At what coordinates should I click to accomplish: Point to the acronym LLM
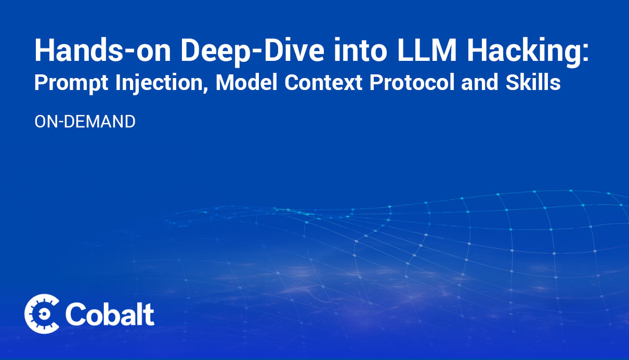coord(426,50)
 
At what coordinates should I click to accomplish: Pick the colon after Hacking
coord(584,53)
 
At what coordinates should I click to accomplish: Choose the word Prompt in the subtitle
coord(71,83)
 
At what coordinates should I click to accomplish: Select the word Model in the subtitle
coord(246,82)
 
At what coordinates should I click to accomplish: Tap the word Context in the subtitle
coord(323,82)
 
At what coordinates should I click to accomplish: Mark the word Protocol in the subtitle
coord(412,82)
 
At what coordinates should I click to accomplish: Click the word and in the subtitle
coord(480,82)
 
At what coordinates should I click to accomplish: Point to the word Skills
coord(533,82)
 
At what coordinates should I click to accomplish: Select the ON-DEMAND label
coord(85,122)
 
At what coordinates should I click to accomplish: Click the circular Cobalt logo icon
coord(42,314)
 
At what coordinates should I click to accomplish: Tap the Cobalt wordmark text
coord(110,314)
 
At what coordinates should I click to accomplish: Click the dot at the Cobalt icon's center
coord(44,314)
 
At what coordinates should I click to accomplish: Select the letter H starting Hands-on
coord(44,50)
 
